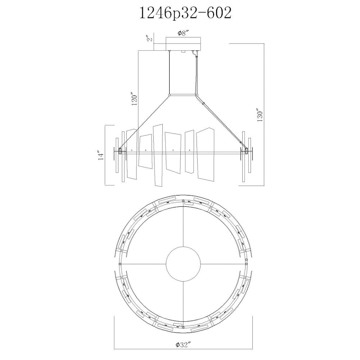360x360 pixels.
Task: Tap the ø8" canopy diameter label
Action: pos(183,33)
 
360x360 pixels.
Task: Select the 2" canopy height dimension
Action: pos(149,38)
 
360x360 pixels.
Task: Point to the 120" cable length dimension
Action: pos(135,99)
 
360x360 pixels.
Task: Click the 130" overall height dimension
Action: pos(260,115)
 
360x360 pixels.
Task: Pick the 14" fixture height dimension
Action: pos(101,155)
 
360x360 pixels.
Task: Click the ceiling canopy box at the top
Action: pos(183,44)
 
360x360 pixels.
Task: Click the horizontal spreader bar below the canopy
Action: pos(183,95)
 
